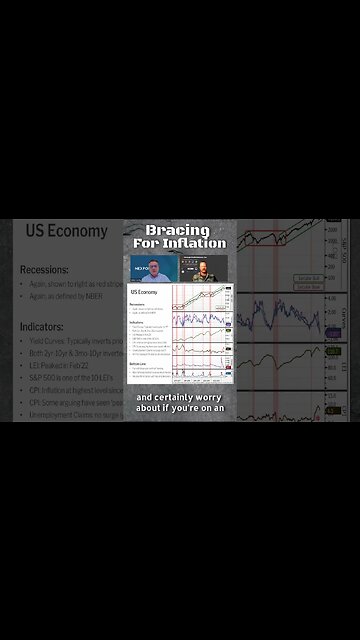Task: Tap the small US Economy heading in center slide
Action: (144, 292)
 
